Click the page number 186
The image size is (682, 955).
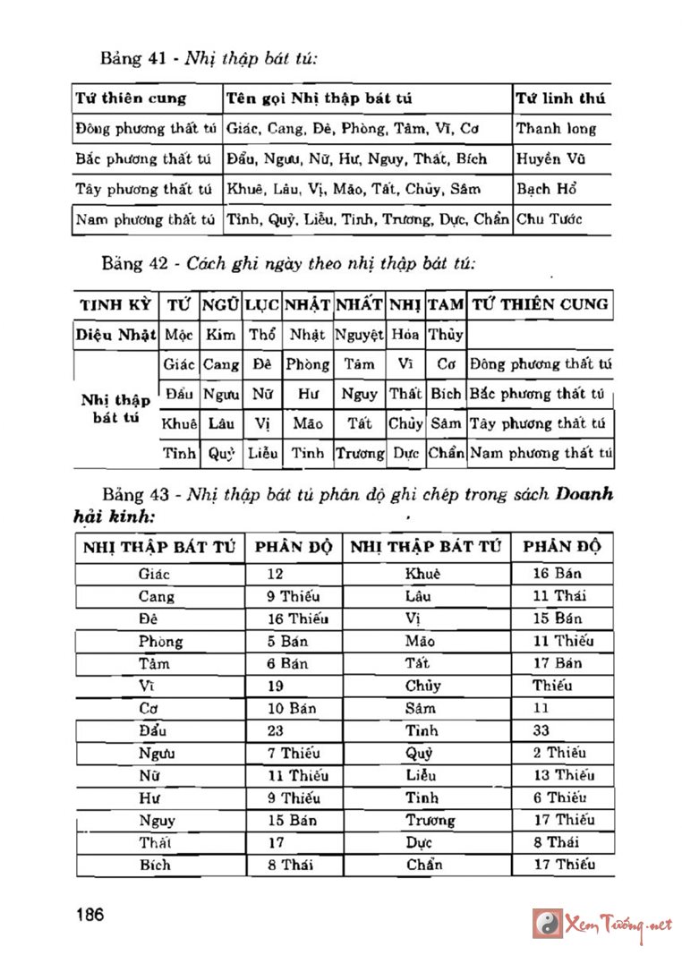[90, 915]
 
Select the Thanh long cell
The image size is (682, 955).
[556, 128]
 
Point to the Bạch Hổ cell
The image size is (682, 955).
[547, 189]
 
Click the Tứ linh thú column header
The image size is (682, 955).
[560, 98]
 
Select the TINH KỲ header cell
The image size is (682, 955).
[115, 304]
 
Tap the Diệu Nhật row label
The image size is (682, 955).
[115, 335]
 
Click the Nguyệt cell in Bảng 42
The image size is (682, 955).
[360, 335]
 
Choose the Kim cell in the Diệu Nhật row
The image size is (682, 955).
[220, 335]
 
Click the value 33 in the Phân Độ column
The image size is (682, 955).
[541, 730]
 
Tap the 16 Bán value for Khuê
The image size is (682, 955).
[557, 574]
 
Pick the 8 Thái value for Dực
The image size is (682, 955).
[556, 842]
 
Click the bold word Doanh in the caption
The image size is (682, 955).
[584, 494]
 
